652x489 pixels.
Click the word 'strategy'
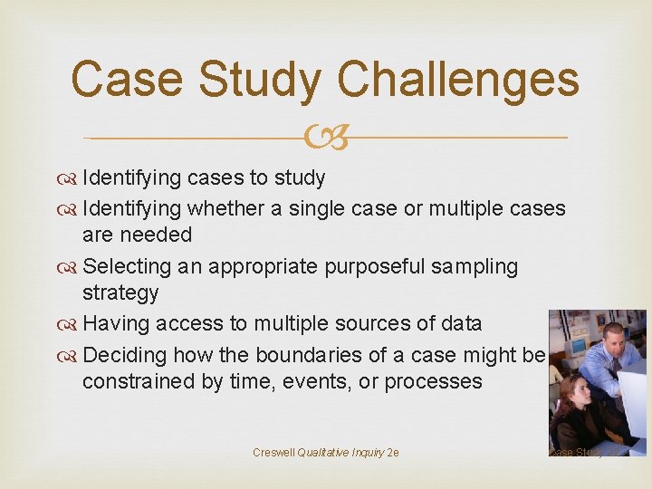pyautogui.click(x=120, y=293)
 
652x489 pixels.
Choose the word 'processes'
pyautogui.click(x=433, y=381)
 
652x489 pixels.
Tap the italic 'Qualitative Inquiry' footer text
pyautogui.click(x=340, y=452)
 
